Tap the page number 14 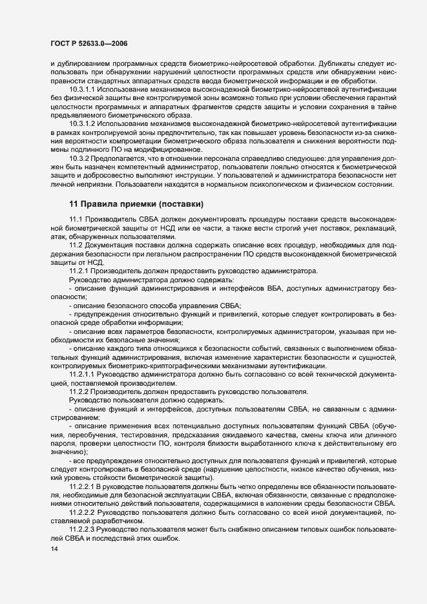[x=45, y=548]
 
